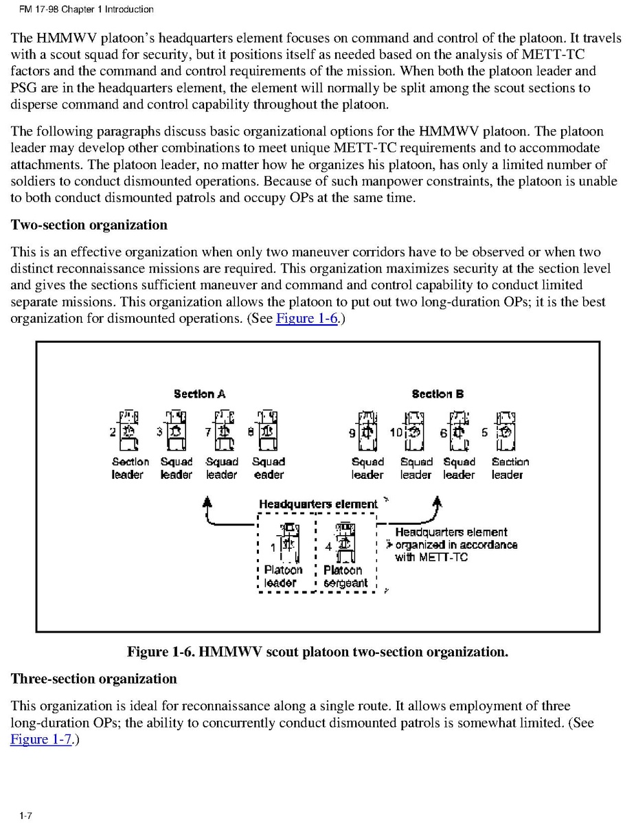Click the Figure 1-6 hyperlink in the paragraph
click(306, 319)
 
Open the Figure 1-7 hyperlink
click(41, 739)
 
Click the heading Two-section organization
click(89, 225)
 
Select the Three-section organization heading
click(93, 679)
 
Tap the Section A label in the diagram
click(199, 394)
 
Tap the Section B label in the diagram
click(438, 394)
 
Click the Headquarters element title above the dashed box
click(317, 504)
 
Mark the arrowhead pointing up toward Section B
click(435, 501)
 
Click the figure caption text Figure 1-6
click(317, 651)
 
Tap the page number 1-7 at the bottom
click(25, 815)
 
